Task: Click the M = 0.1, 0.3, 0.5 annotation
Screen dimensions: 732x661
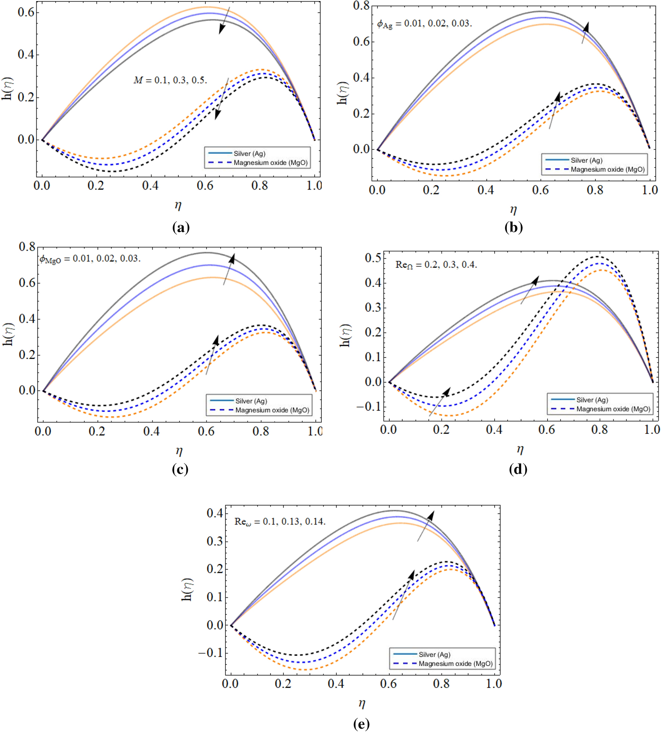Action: point(170,80)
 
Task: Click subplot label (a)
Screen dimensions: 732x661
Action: point(181,227)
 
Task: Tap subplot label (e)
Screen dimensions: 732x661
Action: point(361,724)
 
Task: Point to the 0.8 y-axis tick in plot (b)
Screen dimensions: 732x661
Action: point(361,6)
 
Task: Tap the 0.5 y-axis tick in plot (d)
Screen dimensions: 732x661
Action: point(373,258)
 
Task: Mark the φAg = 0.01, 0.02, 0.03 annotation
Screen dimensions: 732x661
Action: point(424,24)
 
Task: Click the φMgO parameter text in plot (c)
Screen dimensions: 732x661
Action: point(90,259)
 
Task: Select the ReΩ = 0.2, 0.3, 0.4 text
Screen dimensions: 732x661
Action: point(436,265)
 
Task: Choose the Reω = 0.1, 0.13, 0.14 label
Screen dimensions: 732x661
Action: point(280,522)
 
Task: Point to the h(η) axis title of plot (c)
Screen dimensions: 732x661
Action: point(8,334)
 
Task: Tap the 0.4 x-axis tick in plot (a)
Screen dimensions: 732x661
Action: point(150,185)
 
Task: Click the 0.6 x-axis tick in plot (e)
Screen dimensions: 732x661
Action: point(388,683)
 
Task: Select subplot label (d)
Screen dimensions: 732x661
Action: point(518,469)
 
